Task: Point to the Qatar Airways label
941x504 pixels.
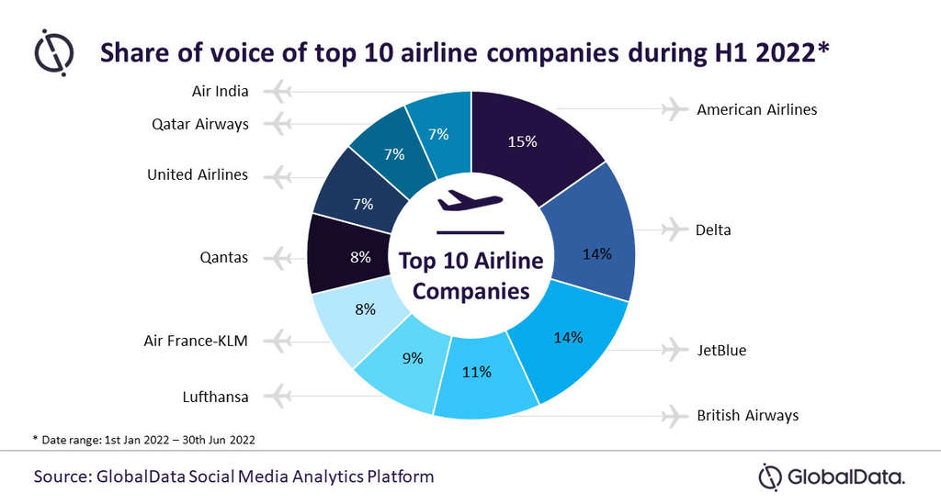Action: click(199, 123)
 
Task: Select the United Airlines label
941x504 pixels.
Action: click(198, 174)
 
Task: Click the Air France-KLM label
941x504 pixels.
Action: click(196, 341)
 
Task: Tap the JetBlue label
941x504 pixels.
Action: click(721, 350)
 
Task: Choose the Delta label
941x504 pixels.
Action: click(713, 230)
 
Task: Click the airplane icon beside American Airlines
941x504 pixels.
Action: click(675, 109)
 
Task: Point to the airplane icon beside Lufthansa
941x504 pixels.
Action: click(276, 397)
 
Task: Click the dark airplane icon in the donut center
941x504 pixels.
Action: click(470, 199)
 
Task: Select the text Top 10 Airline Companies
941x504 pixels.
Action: click(470, 275)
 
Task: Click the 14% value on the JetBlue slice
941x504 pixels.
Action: click(568, 337)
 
